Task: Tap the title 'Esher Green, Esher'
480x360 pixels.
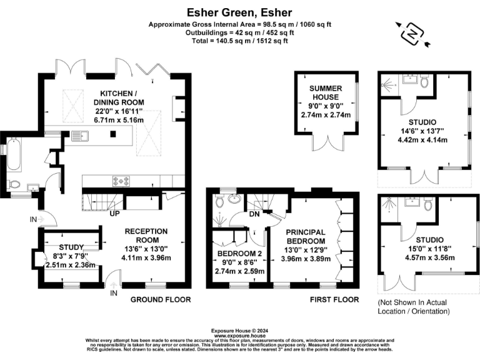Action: click(x=239, y=11)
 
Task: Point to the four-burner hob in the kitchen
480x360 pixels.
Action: click(x=121, y=181)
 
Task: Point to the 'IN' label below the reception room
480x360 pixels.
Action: click(x=114, y=292)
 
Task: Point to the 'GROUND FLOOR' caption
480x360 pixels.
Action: click(x=160, y=300)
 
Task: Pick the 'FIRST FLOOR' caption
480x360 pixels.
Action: click(x=335, y=300)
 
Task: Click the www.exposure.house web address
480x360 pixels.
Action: click(x=239, y=335)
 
